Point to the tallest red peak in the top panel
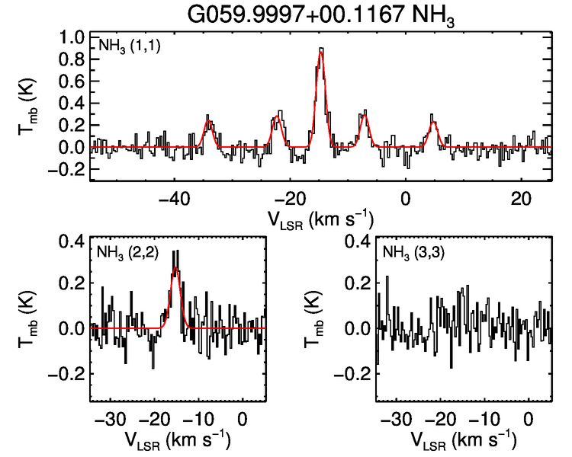321,51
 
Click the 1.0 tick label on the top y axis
72,36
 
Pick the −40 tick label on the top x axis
174,197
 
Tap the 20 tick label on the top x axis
521,197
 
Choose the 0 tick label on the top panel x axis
406,197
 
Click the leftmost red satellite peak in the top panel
208,121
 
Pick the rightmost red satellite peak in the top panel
434,122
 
